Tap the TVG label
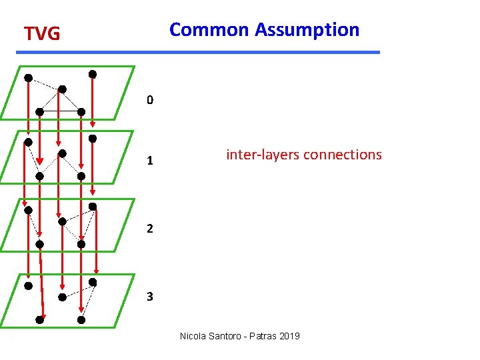(42, 33)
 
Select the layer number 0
(150, 101)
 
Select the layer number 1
(150, 161)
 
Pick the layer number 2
(150, 229)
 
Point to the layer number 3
(150, 297)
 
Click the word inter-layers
(263, 155)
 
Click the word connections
(343, 155)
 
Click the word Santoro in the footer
(228, 336)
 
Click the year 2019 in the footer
(291, 336)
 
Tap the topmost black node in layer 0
(93, 74)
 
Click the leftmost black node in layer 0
(28, 78)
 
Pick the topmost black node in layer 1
(93, 139)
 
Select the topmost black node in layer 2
(93, 206)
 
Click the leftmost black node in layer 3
(28, 286)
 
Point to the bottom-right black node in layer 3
(81, 320)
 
